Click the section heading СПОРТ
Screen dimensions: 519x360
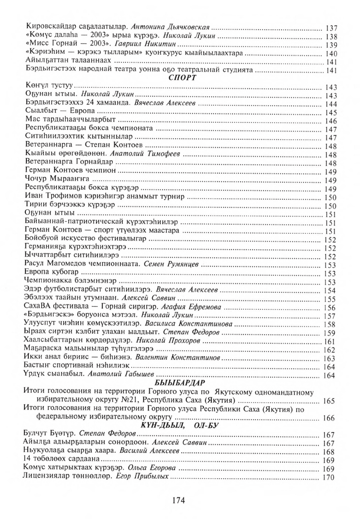[x=180, y=78]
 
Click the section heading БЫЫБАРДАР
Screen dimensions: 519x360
[x=180, y=382]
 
